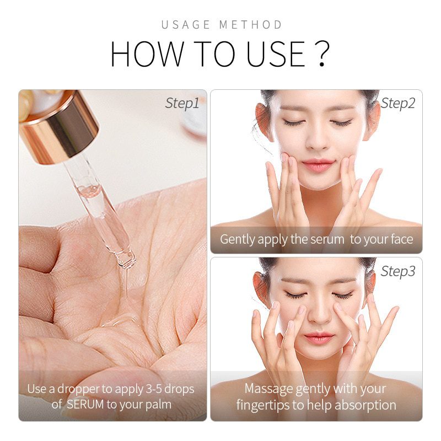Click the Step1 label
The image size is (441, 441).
[x=182, y=104]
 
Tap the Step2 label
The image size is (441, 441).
[x=398, y=104]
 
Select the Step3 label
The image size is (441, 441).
[x=398, y=271]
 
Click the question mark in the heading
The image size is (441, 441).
[x=321, y=53]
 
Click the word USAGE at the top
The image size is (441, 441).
[x=186, y=25]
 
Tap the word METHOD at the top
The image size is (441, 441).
[x=250, y=25]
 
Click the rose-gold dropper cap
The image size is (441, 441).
[x=59, y=127]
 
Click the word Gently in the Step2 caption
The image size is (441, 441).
[x=238, y=240]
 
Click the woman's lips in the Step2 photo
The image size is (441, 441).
[x=318, y=164]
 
